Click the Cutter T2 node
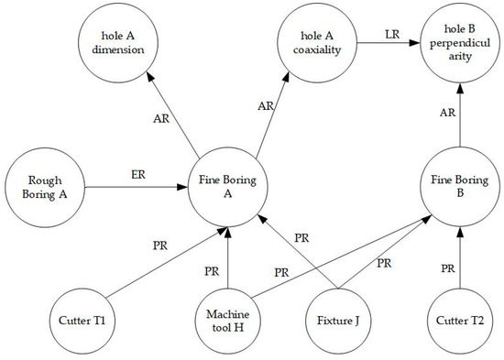(x=459, y=322)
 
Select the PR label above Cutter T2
(x=446, y=267)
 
